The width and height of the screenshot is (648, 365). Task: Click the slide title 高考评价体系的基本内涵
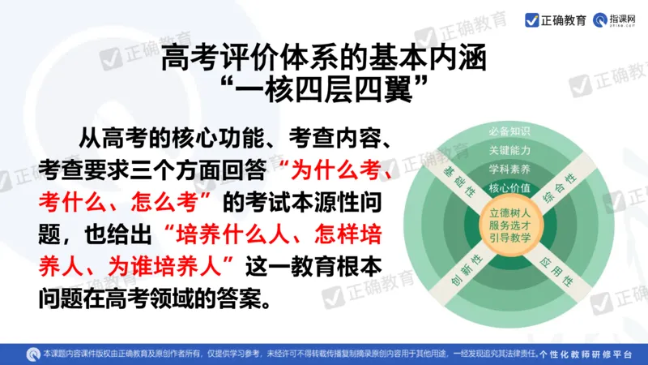[x=324, y=58]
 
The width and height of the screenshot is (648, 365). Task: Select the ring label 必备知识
[x=509, y=131]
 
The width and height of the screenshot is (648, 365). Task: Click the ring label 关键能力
[x=509, y=150]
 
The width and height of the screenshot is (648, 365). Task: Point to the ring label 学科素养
[x=509, y=170]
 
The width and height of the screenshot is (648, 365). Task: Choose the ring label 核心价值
[x=509, y=188]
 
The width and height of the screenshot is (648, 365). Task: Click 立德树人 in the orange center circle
[x=509, y=213]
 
